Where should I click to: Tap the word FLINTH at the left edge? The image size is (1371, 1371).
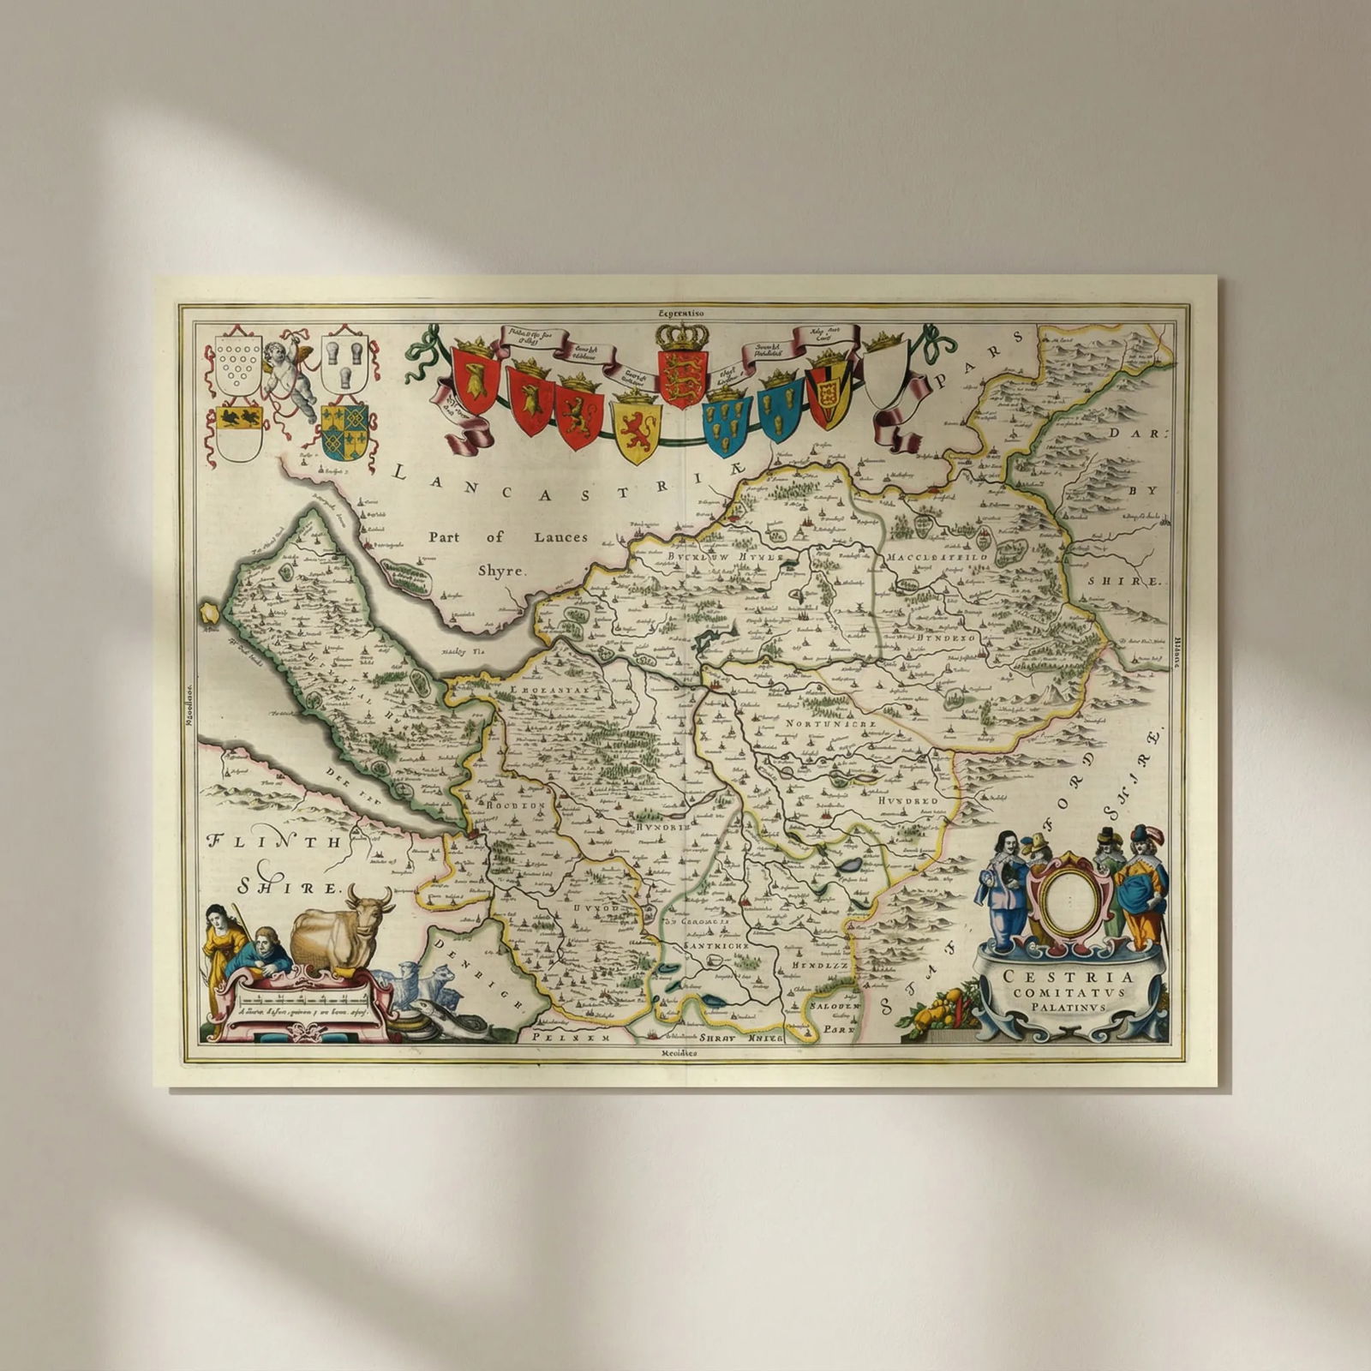coord(275,841)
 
